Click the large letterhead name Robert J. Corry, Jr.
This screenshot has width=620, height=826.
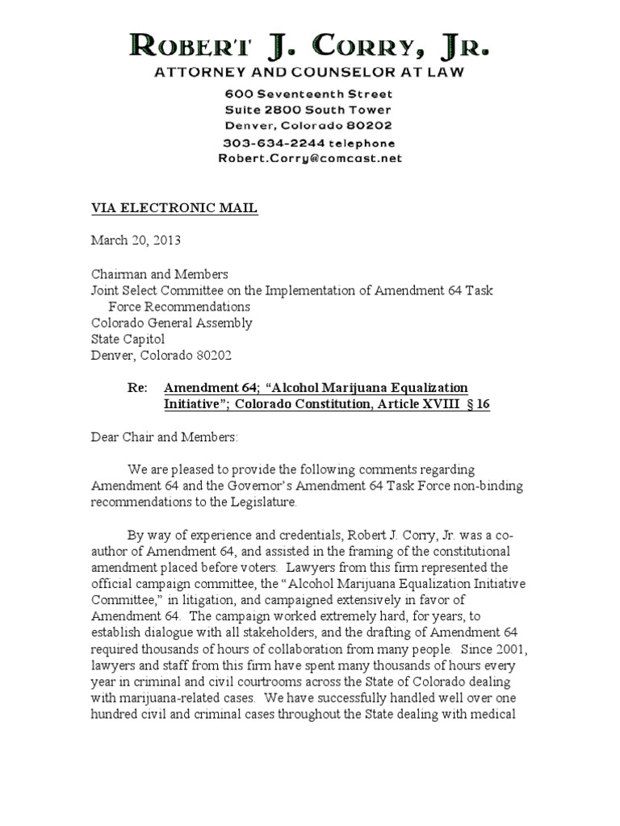(x=309, y=47)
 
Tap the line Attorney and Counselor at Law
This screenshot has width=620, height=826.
(x=309, y=73)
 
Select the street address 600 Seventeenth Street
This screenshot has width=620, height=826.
(x=309, y=94)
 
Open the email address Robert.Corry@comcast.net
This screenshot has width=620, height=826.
(x=309, y=158)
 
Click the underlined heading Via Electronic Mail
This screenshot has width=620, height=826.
(x=174, y=208)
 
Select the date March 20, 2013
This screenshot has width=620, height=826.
(x=136, y=240)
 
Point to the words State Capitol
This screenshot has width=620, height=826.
(x=127, y=339)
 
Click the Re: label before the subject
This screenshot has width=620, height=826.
(x=138, y=388)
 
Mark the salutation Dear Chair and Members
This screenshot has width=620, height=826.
(x=164, y=436)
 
